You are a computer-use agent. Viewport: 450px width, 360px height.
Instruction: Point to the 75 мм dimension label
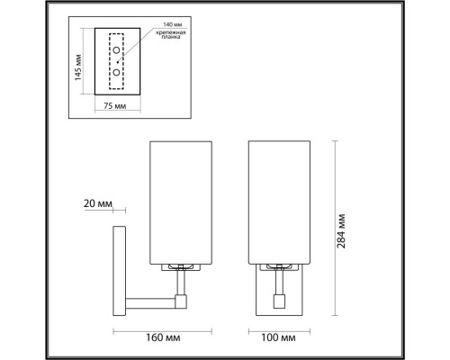[x=115, y=106]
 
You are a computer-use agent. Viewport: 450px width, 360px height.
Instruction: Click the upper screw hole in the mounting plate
[x=116, y=50]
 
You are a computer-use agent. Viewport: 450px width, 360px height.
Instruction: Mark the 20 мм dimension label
[x=97, y=203]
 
